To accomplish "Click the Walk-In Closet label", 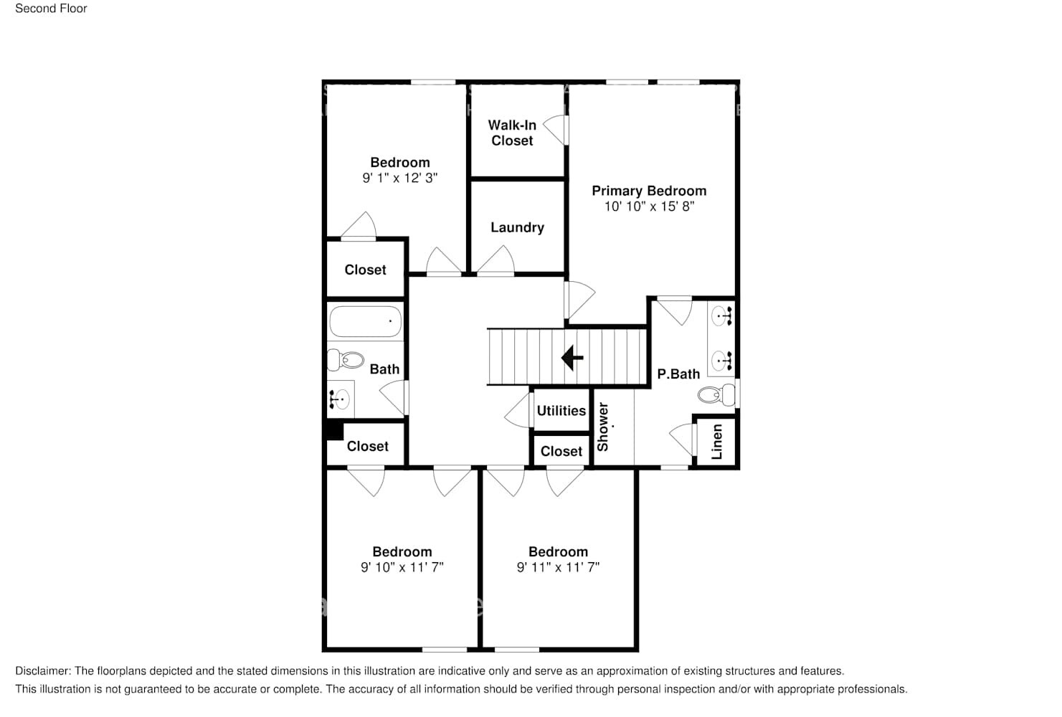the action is tap(512, 133).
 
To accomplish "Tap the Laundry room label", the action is tap(517, 227).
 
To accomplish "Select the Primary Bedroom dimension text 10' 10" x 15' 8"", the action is tap(649, 206).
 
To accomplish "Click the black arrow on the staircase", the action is tap(572, 357).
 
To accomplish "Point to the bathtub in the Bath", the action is tap(366, 321).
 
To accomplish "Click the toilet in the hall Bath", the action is tap(346, 360).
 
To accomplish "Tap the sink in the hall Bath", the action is tap(340, 399).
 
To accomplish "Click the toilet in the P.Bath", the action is tap(716, 394).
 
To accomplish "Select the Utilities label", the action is tap(561, 411).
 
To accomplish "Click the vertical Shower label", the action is tap(602, 427).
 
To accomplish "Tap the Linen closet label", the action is tap(717, 442).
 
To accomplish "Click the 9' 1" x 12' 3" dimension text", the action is tap(399, 178).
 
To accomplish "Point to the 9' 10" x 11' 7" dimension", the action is tap(402, 567).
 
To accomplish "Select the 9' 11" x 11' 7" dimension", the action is tap(558, 567).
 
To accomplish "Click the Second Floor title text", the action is tap(51, 9).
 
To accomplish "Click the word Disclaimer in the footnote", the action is tap(43, 671).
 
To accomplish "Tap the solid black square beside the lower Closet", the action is tap(335, 431).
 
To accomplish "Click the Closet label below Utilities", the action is tap(561, 451).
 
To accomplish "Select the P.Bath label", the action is tap(678, 374).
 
